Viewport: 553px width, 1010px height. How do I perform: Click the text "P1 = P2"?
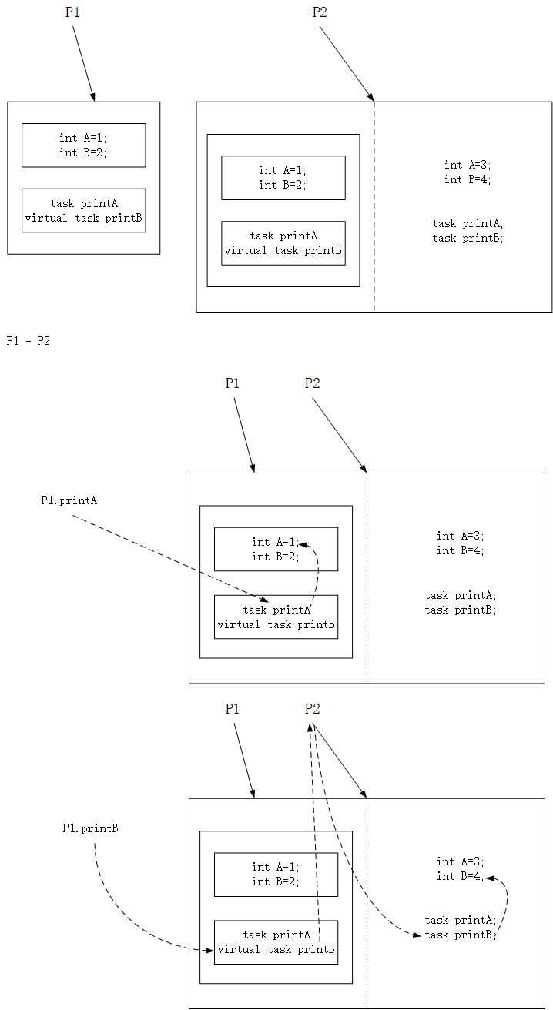(28, 341)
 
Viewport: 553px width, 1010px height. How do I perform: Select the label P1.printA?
(69, 500)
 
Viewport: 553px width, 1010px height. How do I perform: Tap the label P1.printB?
(90, 828)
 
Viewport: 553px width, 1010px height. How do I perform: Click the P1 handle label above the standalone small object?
(72, 12)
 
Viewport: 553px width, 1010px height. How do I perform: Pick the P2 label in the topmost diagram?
(320, 12)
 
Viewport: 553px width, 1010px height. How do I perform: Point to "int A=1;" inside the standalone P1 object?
(83, 138)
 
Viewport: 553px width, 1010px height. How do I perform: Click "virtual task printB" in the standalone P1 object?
(83, 218)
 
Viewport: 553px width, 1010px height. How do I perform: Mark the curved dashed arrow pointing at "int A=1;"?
(316, 570)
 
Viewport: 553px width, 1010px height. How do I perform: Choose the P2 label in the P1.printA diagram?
(312, 383)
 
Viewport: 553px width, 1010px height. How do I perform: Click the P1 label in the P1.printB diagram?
(232, 709)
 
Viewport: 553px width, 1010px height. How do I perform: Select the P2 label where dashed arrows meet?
(312, 709)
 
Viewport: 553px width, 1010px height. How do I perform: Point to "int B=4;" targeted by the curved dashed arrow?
(459, 876)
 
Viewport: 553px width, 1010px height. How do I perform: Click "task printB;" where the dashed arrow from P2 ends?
(459, 935)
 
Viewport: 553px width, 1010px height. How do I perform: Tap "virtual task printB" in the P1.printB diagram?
(276, 949)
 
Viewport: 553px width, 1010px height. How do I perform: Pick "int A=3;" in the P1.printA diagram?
(459, 536)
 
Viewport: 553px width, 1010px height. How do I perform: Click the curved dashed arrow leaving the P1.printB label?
(123, 916)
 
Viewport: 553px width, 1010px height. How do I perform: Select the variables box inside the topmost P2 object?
(283, 177)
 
